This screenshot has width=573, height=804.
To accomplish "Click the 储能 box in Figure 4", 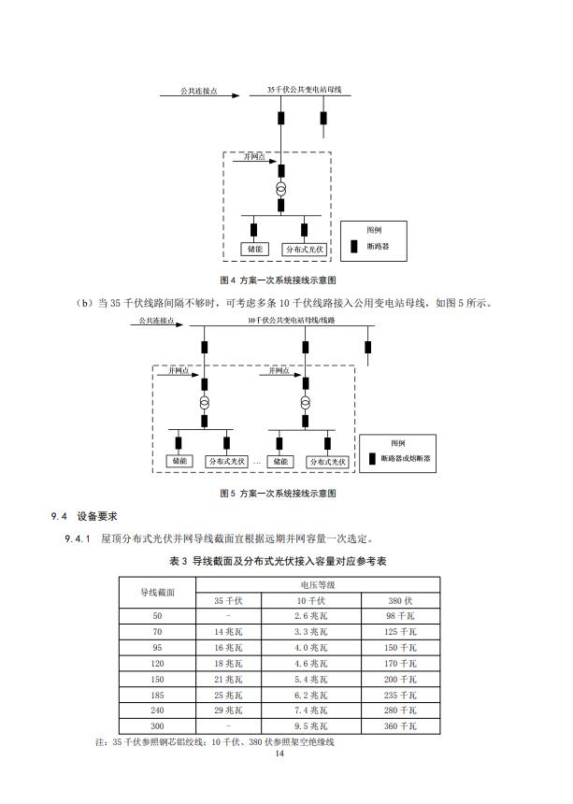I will pyautogui.click(x=254, y=250).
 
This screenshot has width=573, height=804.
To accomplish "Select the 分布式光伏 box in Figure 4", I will pyautogui.click(x=304, y=250).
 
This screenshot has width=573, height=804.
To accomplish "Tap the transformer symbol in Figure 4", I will pyautogui.click(x=280, y=190).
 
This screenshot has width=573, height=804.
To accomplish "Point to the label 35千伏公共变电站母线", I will pyautogui.click(x=305, y=90).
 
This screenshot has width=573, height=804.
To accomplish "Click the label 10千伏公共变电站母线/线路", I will pyautogui.click(x=291, y=321).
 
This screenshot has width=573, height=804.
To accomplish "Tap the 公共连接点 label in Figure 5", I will pyautogui.click(x=154, y=321).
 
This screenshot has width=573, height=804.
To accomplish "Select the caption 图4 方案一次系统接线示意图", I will pyautogui.click(x=277, y=280).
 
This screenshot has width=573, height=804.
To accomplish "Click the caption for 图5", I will pyautogui.click(x=277, y=493).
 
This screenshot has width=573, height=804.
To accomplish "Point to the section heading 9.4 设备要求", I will pyautogui.click(x=83, y=517).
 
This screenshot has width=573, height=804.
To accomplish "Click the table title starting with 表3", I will pyautogui.click(x=278, y=561).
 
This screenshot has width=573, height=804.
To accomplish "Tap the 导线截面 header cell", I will pyautogui.click(x=157, y=592).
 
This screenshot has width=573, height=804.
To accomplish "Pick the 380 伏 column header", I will pyautogui.click(x=402, y=600).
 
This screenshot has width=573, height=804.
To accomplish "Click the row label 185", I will pyautogui.click(x=157, y=696).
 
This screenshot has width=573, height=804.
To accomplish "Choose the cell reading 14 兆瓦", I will pyautogui.click(x=229, y=632).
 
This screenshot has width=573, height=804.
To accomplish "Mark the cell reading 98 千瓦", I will pyautogui.click(x=402, y=616).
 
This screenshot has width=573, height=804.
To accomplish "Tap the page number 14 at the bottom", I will pyautogui.click(x=279, y=754).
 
